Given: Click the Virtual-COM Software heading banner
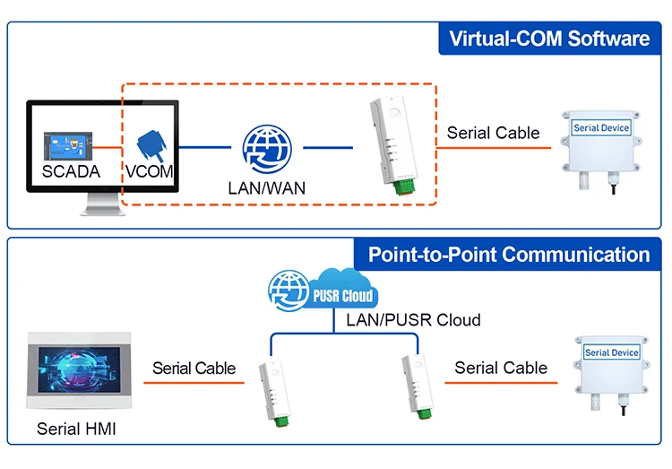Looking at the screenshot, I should (548, 39).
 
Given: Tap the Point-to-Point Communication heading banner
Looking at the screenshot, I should (508, 254).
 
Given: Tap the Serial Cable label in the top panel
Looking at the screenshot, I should (493, 133).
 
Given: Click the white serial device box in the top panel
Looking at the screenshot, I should (601, 143).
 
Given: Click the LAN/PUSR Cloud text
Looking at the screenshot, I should (413, 320).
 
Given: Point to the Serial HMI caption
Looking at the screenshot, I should (76, 430).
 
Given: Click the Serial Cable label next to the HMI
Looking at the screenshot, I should (194, 368).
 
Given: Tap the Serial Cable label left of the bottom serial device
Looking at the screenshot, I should (501, 368).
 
